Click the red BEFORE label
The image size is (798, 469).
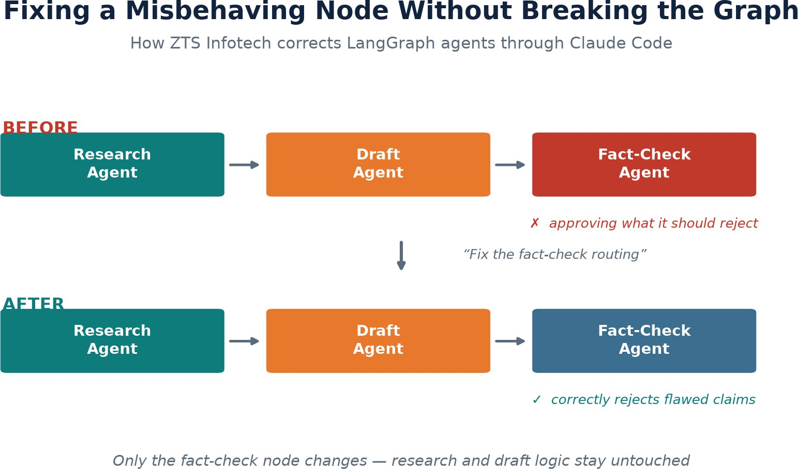tap(40, 128)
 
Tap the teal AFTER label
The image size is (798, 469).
tap(33, 304)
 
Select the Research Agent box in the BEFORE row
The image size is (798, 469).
tap(112, 164)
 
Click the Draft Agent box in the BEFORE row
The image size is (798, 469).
tap(378, 164)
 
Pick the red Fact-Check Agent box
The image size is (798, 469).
tap(644, 164)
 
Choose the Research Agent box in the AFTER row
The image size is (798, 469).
tap(112, 341)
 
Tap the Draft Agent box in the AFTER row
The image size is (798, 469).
tap(378, 341)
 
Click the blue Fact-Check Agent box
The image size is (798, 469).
tap(644, 341)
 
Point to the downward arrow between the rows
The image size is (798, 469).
tap(401, 256)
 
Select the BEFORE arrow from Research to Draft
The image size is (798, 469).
tap(244, 165)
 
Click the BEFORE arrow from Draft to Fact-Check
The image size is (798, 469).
tap(510, 165)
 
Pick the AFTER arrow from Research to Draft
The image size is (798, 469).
tap(244, 341)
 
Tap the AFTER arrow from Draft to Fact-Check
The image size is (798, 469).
tap(510, 341)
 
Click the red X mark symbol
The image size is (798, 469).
tap(534, 223)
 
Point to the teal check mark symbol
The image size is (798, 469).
tap(536, 400)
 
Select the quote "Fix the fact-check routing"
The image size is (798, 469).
tap(555, 255)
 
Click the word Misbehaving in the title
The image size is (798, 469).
tap(216, 11)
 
